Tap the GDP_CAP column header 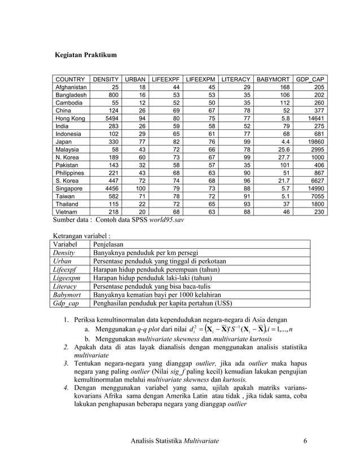(310, 80)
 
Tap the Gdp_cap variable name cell (66, 304)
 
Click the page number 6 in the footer (305, 440)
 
